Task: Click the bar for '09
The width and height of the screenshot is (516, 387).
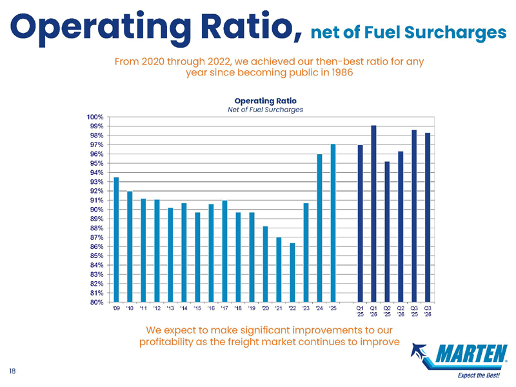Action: pyautogui.click(x=116, y=239)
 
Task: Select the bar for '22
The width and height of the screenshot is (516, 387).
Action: pyautogui.click(x=292, y=272)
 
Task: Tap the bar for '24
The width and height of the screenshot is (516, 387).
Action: pyautogui.click(x=319, y=228)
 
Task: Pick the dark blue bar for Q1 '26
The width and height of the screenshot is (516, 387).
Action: pyautogui.click(x=373, y=214)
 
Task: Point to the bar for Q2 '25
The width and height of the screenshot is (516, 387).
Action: pyautogui.click(x=387, y=232)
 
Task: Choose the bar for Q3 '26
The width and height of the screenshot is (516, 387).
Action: pyautogui.click(x=428, y=217)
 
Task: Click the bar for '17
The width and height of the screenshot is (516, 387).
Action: pyautogui.click(x=224, y=251)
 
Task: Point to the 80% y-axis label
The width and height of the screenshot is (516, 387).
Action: pyautogui.click(x=97, y=302)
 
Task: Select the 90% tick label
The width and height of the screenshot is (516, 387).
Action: pyautogui.click(x=97, y=210)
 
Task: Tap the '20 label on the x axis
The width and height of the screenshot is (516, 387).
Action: pyautogui.click(x=265, y=308)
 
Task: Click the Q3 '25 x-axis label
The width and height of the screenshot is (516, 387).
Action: pyautogui.click(x=414, y=312)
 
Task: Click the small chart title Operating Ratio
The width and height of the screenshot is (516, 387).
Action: pyautogui.click(x=265, y=101)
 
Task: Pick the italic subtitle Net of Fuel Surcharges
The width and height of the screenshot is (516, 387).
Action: pyautogui.click(x=265, y=110)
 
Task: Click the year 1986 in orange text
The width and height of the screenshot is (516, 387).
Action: pyautogui.click(x=342, y=72)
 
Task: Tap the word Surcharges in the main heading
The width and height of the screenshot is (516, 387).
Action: pyautogui.click(x=455, y=33)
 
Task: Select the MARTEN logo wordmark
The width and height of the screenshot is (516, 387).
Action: pyautogui.click(x=471, y=353)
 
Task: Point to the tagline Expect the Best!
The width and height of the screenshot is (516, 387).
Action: pyautogui.click(x=479, y=375)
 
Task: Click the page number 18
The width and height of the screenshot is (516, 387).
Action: pyautogui.click(x=12, y=372)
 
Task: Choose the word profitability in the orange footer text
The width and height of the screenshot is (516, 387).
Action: pyautogui.click(x=166, y=342)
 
